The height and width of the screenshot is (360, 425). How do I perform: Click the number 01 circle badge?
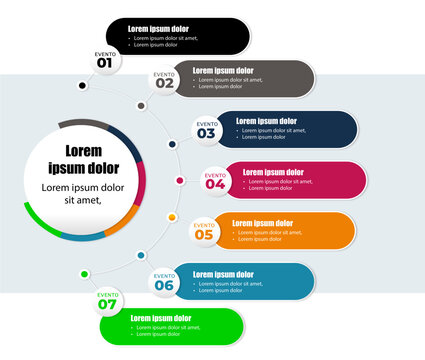click(x=105, y=60)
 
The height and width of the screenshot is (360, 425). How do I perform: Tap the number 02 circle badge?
click(x=165, y=80)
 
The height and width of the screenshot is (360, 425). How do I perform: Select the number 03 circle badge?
click(x=206, y=130)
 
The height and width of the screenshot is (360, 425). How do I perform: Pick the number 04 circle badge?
click(x=216, y=181)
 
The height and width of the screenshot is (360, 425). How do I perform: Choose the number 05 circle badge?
click(x=204, y=232)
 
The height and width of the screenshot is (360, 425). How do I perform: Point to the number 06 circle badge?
click(x=164, y=282)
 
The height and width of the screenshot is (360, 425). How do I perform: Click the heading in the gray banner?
click(x=223, y=71)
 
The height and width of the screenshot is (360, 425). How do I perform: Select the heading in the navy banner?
click(x=266, y=121)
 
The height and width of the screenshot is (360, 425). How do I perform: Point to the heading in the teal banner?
click(x=223, y=274)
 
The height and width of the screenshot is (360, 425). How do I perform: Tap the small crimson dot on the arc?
click(x=179, y=181)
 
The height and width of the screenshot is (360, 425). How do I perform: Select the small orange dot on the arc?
click(x=172, y=217)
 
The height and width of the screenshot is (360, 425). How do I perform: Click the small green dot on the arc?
click(x=84, y=273)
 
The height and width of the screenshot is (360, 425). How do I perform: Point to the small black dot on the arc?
click(x=82, y=86)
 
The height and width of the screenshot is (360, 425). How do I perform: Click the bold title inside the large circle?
click(x=84, y=160)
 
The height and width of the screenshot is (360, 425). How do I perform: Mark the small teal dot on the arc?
click(x=140, y=256)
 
